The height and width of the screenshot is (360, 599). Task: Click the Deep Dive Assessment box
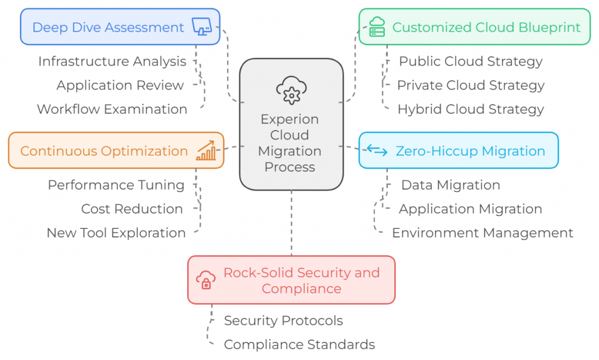click(120, 27)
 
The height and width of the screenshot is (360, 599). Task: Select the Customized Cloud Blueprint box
click(474, 27)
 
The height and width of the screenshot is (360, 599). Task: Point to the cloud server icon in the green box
click(377, 27)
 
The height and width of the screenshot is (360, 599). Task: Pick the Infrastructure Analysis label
click(112, 61)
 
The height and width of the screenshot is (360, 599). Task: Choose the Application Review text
click(120, 85)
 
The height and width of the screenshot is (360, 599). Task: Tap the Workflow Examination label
click(112, 109)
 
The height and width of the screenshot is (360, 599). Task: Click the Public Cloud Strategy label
click(470, 61)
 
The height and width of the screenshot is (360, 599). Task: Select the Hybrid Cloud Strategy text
click(470, 109)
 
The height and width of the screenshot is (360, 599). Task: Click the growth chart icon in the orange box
click(205, 150)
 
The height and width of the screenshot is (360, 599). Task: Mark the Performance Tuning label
click(116, 186)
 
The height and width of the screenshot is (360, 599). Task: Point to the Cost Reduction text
click(132, 209)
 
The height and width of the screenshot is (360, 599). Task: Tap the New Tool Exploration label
click(116, 233)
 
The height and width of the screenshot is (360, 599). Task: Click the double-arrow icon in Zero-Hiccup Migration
click(377, 151)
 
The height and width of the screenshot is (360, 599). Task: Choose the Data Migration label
click(450, 186)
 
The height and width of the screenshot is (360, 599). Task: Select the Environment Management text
click(482, 233)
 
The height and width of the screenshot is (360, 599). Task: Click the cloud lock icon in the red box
click(206, 280)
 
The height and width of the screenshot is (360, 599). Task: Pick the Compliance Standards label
click(299, 345)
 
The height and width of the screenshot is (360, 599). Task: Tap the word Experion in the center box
click(290, 119)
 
